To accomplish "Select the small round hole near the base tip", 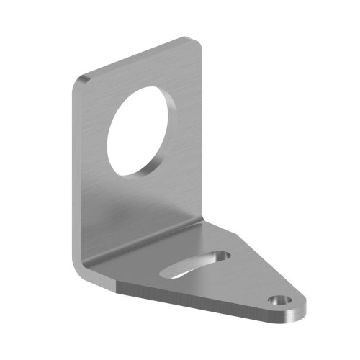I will tap(276, 300).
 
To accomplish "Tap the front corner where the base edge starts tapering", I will tap(117, 289).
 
